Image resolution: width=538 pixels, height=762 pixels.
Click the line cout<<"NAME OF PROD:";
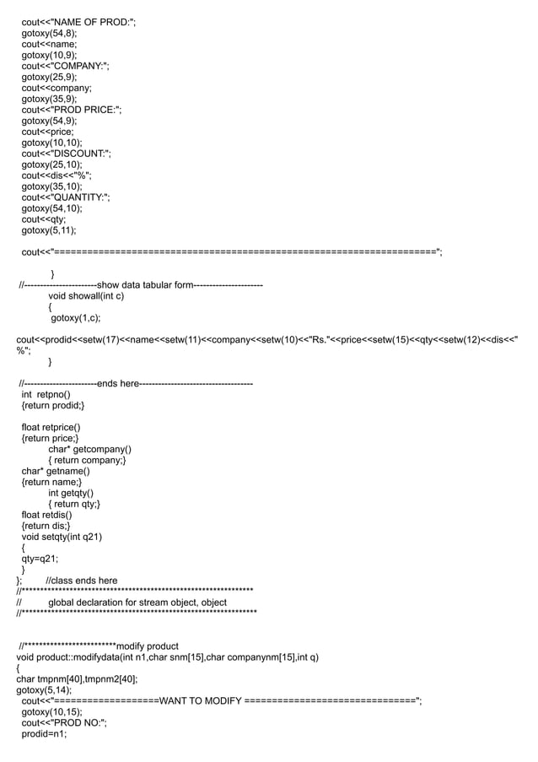[x=78, y=20]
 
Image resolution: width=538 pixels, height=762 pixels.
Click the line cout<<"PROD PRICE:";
[x=72, y=110]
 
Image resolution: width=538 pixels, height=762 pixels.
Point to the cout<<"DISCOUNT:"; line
[x=66, y=154]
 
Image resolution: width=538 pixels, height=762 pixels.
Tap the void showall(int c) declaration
[x=86, y=296]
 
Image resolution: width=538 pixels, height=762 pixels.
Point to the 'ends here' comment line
[x=118, y=384]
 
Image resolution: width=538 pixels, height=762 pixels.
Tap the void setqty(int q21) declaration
[x=62, y=537]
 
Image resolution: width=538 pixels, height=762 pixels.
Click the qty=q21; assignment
[x=40, y=559]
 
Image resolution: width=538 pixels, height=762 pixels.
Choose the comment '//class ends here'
[x=82, y=581]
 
